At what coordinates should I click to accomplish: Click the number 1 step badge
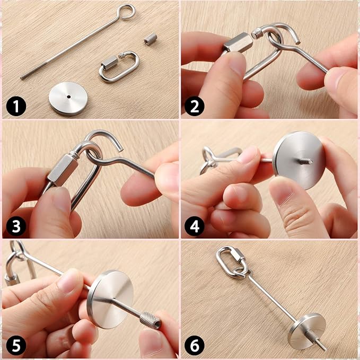tap(16, 106)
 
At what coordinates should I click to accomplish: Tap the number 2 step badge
tap(194, 106)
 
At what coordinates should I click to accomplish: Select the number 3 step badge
tap(16, 226)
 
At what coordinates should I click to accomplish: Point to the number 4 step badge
tap(194, 226)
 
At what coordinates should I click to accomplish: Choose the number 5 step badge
tap(16, 346)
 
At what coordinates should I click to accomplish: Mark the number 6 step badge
tap(194, 346)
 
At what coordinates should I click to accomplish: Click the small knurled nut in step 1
tap(151, 39)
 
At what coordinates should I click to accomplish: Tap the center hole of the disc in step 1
tap(68, 97)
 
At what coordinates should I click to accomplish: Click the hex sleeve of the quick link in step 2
tap(238, 43)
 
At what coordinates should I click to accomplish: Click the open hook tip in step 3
tap(121, 150)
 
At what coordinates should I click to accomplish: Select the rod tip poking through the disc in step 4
tap(305, 162)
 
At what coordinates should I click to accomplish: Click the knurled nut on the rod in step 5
tap(150, 319)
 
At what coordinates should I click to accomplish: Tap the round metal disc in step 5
tap(111, 300)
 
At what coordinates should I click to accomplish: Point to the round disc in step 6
tap(307, 330)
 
